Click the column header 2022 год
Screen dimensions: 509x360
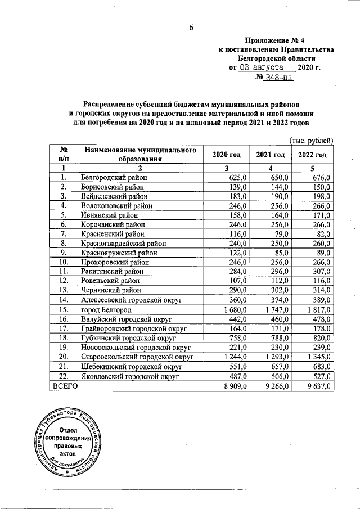(312, 155)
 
